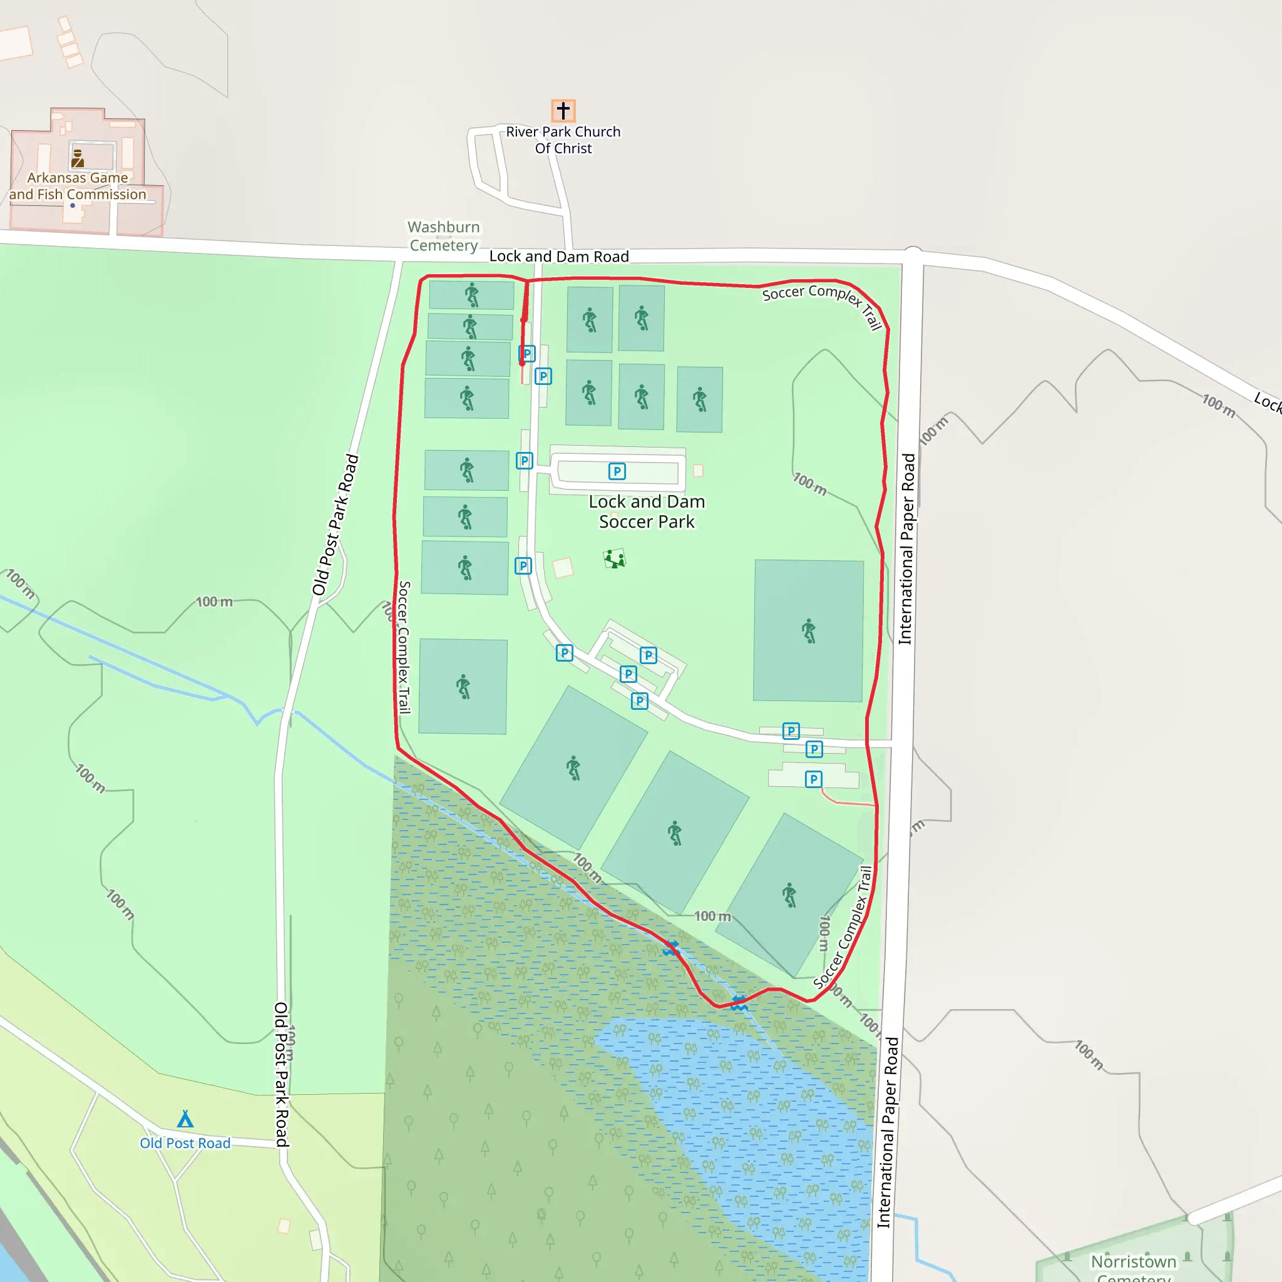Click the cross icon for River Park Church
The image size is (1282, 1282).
tap(563, 110)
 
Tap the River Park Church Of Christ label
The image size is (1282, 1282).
tap(563, 140)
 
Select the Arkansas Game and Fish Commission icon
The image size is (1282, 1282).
tap(78, 158)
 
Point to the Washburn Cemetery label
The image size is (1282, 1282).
tap(444, 236)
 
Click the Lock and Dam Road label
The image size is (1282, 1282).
tap(559, 257)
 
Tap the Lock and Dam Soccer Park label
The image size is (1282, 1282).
tap(647, 511)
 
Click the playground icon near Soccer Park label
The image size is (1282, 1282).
tap(615, 559)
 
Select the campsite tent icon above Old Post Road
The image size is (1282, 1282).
tap(185, 1119)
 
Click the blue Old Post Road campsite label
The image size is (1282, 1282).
tap(185, 1143)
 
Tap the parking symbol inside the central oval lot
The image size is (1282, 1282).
tap(617, 471)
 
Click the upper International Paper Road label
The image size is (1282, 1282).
tap(906, 549)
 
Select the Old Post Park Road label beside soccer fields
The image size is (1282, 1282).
tap(336, 524)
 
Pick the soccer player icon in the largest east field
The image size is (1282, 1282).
tap(808, 630)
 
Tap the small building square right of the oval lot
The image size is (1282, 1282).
tap(698, 471)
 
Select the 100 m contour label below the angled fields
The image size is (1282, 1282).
tap(712, 916)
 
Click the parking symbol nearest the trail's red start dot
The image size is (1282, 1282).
tap(527, 354)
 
